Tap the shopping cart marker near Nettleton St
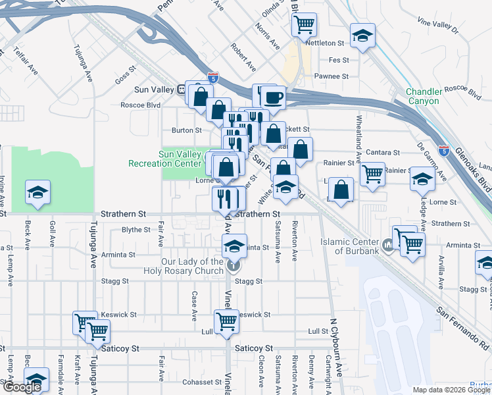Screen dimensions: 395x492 pyautogui.click(x=303, y=25)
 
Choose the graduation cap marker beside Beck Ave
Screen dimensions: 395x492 pyautogui.click(x=38, y=193)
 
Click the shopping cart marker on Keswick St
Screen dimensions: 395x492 pyautogui.click(x=226, y=321)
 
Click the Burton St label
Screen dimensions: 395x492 pyautogui.click(x=182, y=130)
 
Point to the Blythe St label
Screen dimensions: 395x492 pyautogui.click(x=136, y=230)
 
